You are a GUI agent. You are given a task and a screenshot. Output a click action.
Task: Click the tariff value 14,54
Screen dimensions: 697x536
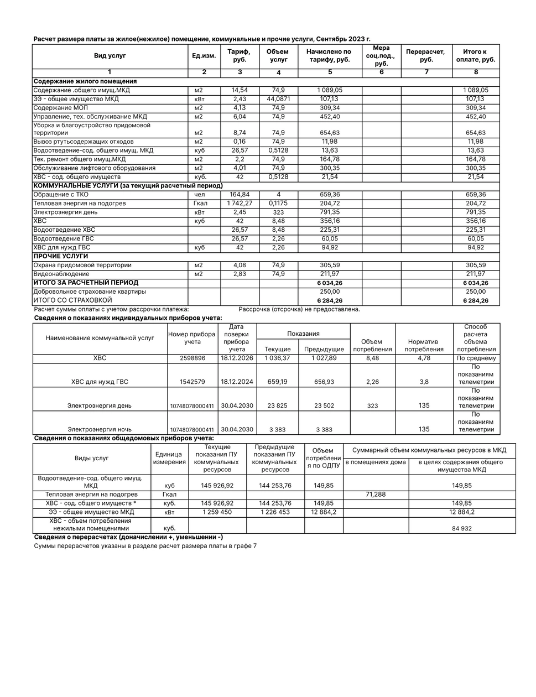pyautogui.click(x=240, y=90)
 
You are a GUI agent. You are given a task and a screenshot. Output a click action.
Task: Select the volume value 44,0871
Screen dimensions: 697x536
pyautogui.click(x=278, y=99)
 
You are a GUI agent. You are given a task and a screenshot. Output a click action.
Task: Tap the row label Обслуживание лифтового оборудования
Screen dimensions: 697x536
pyautogui.click(x=94, y=168)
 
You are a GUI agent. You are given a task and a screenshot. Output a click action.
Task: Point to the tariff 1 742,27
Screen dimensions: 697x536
pyautogui.click(x=240, y=204)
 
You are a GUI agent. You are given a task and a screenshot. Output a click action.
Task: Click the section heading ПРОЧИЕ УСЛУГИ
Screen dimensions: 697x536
pyautogui.click(x=61, y=257)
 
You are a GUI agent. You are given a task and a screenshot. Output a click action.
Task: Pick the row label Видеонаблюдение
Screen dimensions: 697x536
pyautogui.click(x=61, y=274)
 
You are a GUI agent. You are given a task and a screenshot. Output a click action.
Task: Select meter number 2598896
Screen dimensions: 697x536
pyautogui.click(x=192, y=358)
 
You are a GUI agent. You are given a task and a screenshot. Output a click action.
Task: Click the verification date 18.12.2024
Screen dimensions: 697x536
pyautogui.click(x=237, y=382)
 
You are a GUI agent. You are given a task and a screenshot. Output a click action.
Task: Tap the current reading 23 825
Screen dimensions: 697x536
pyautogui.click(x=278, y=405)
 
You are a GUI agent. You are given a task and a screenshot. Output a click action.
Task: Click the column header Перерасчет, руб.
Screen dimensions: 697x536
pyautogui.click(x=426, y=56)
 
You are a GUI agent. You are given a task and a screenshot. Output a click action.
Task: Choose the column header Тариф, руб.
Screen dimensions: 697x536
pyautogui.click(x=240, y=56)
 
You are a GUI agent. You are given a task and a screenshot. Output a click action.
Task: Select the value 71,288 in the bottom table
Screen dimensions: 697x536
pyautogui.click(x=376, y=495)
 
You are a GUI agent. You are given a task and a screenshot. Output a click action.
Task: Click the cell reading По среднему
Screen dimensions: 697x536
pyautogui.click(x=476, y=358)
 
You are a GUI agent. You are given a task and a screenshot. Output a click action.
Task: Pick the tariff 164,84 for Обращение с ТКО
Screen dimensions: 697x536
pyautogui.click(x=240, y=195)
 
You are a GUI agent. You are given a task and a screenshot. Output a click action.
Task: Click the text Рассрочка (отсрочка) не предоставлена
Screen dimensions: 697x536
pyautogui.click(x=299, y=309)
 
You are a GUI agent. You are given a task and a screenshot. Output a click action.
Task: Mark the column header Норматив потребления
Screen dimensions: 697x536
pyautogui.click(x=424, y=345)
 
